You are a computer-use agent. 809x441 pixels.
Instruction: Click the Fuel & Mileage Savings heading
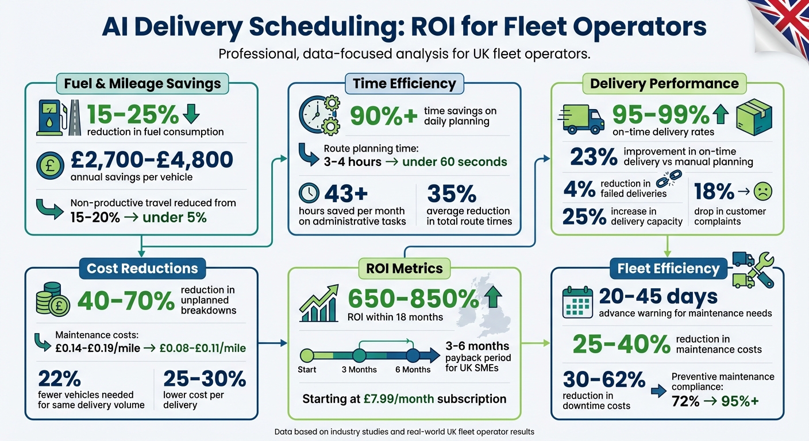142,83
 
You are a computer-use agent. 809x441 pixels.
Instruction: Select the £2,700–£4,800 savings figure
152,159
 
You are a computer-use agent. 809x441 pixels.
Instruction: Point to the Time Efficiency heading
404,83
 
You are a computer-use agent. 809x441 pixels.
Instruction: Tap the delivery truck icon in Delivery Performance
581,118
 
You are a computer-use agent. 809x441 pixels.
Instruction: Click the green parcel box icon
754,117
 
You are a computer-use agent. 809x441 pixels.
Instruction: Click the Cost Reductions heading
142,268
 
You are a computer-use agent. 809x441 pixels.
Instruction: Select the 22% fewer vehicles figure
58,378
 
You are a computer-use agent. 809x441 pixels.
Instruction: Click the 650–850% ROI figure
413,299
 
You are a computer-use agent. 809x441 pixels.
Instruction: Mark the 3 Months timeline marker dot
359,355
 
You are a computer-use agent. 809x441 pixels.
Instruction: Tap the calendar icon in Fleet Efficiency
577,303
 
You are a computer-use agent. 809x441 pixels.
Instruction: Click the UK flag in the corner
784,23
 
